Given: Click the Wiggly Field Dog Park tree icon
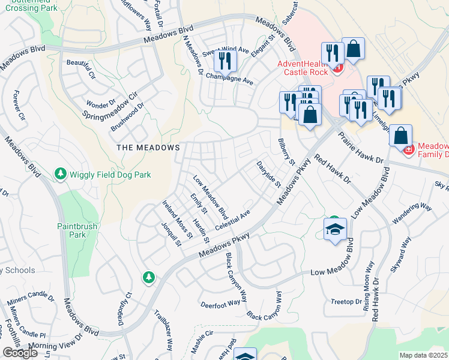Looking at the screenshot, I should coord(60,174).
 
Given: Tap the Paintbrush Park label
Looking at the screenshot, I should coord(72,231).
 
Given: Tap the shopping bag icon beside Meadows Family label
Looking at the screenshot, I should coord(400,136).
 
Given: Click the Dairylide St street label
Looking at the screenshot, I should coord(268,175).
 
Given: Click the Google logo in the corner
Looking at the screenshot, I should coord(20,353).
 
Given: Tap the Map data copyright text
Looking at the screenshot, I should coord(424,355).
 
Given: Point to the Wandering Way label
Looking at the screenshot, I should coord(412,215).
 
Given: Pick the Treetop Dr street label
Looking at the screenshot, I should coord(346,301).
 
